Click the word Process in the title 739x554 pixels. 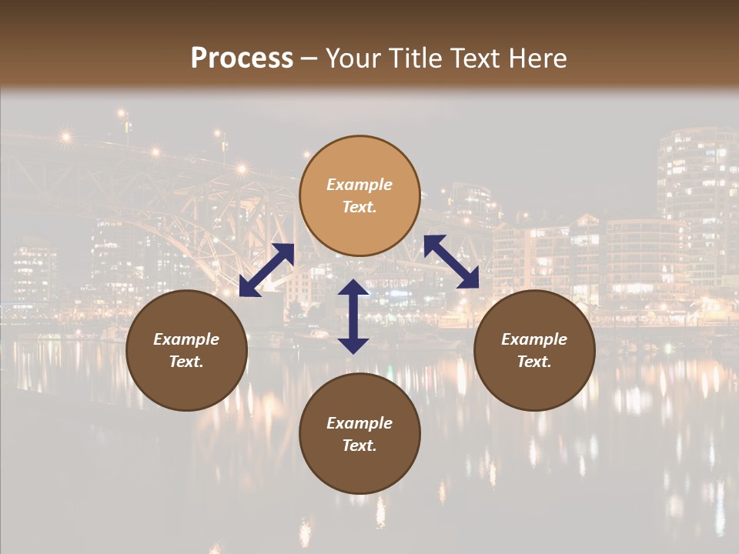click(x=242, y=58)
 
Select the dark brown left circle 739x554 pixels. click(x=186, y=350)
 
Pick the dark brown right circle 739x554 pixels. click(x=534, y=350)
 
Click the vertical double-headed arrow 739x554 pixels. click(x=353, y=316)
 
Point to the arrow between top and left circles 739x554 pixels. click(x=266, y=270)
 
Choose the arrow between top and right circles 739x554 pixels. click(x=451, y=262)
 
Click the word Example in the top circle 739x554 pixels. click(x=359, y=185)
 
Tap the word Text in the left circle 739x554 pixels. click(x=186, y=362)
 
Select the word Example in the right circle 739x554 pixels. click(x=534, y=339)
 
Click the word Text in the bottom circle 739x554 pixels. click(x=359, y=446)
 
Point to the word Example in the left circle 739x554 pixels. click(x=186, y=339)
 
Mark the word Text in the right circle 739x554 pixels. click(x=534, y=362)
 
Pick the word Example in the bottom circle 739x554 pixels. click(x=359, y=423)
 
